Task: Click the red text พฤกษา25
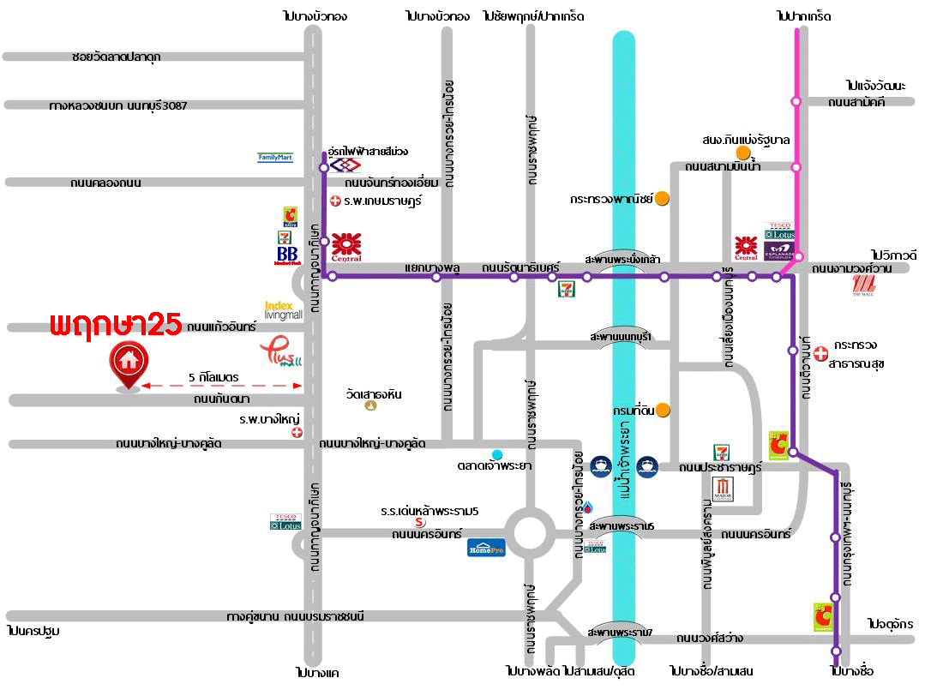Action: [115, 325]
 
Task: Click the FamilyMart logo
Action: [275, 158]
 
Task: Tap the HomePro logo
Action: [486, 547]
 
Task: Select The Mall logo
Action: [862, 286]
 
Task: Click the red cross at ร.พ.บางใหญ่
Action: [297, 433]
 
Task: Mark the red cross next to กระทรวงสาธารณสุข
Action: [820, 352]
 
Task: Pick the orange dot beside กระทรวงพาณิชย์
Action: [662, 198]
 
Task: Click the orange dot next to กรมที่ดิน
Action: [663, 411]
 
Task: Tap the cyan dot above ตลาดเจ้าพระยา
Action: [497, 453]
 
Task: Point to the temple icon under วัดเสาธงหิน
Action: [369, 405]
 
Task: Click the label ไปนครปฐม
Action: [33, 631]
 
